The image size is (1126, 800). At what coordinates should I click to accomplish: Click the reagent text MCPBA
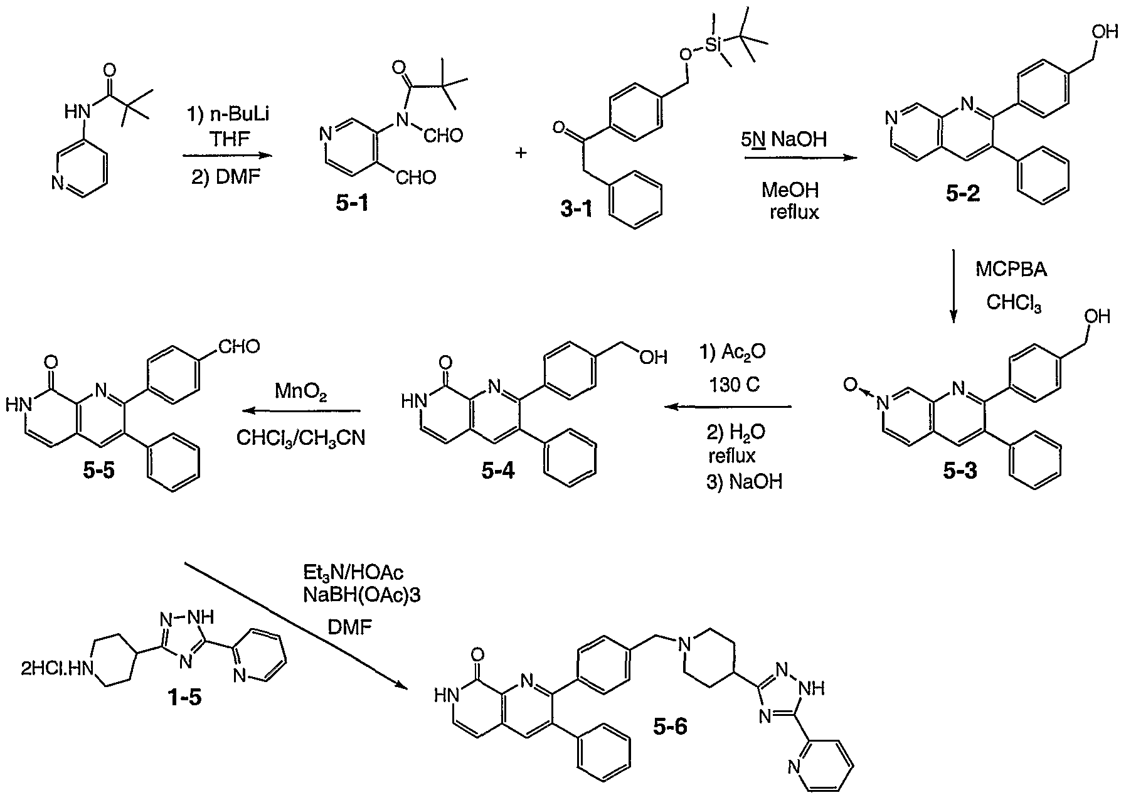coord(1011,270)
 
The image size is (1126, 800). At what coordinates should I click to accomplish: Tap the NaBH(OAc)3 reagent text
coord(361,595)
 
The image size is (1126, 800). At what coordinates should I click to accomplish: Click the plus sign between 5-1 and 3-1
coord(521,153)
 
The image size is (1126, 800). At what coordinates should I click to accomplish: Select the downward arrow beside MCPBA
coord(953,286)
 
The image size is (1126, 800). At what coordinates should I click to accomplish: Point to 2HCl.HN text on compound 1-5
coord(55,671)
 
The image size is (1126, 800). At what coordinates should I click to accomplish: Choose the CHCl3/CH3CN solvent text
coord(300,439)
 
